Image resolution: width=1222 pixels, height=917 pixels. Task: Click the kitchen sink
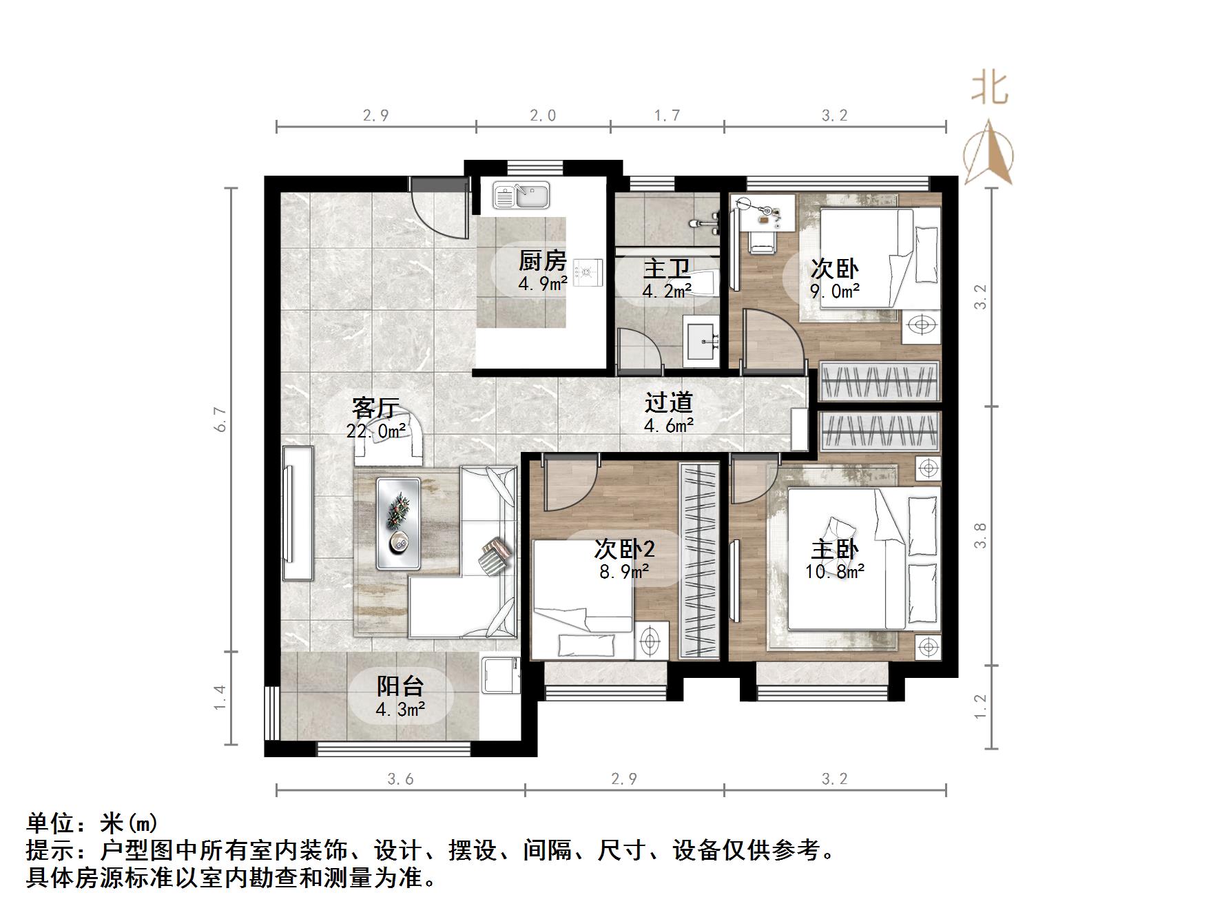(x=521, y=195)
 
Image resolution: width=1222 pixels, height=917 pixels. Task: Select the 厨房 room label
(x=542, y=261)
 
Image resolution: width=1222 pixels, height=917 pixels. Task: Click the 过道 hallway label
(x=668, y=403)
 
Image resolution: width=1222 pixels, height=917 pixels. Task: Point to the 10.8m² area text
(x=834, y=571)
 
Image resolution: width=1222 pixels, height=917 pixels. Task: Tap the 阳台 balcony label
(x=400, y=686)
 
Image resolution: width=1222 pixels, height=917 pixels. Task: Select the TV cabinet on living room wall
(x=297, y=513)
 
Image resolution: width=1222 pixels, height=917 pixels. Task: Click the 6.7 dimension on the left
(x=220, y=420)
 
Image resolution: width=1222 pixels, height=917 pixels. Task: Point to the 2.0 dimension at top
(x=543, y=116)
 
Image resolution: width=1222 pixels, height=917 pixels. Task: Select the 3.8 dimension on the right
(x=981, y=535)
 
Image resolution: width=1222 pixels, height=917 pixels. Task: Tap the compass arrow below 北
(x=988, y=153)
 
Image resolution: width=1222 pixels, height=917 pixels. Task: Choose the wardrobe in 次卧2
(x=699, y=560)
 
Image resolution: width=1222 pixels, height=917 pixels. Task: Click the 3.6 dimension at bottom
(x=400, y=779)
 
